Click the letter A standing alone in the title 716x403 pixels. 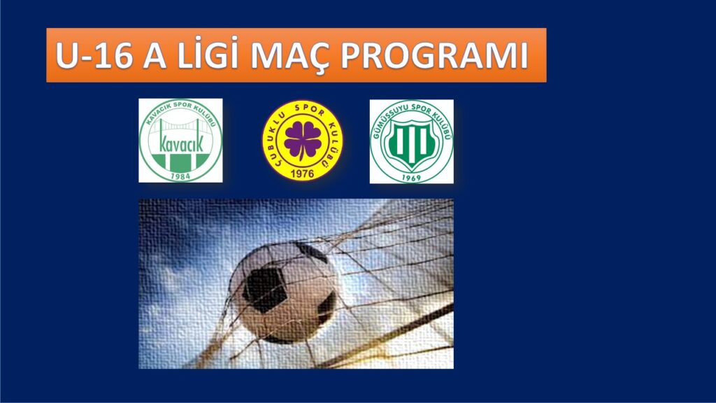[x=154, y=56]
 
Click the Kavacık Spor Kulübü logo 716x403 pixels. [x=180, y=140]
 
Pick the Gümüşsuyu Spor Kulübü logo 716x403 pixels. [x=411, y=141]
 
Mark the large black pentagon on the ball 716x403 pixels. [x=266, y=288]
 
